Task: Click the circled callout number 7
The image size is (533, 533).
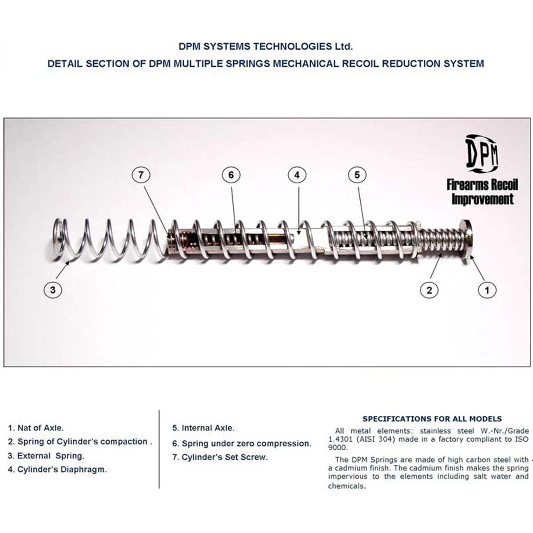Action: (141, 175)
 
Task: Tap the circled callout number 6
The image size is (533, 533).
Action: (231, 175)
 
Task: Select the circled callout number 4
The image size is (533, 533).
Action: (297, 175)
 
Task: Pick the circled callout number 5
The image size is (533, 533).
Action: (357, 175)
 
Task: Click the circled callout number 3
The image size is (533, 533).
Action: (53, 290)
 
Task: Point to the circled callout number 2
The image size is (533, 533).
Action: (429, 290)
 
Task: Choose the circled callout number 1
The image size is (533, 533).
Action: (487, 290)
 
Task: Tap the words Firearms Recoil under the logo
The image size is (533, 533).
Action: (482, 184)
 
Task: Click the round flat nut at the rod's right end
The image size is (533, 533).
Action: (466, 238)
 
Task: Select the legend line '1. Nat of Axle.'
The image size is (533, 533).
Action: (36, 428)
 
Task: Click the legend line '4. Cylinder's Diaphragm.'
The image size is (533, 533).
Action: (57, 469)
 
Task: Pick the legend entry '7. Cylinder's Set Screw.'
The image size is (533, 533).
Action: (220, 457)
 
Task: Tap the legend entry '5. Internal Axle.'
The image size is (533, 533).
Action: (203, 428)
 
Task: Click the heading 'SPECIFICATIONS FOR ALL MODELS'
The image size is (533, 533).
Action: (432, 418)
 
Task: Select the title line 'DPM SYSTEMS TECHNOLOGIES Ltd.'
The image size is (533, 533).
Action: (265, 46)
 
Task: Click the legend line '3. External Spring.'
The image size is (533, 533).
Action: (46, 456)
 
